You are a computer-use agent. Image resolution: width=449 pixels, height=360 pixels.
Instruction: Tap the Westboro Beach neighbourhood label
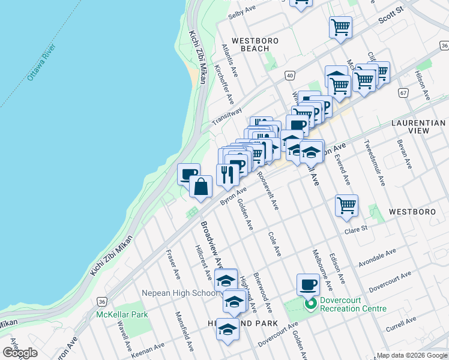coord(259,44)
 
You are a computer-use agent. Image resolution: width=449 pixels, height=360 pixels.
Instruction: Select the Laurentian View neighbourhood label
coord(418,126)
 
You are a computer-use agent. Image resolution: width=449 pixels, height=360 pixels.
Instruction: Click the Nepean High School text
coord(179,293)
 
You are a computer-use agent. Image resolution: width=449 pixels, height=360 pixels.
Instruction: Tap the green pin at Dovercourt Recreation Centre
coord(310,304)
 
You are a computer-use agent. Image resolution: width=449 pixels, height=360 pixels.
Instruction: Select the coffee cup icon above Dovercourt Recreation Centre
coord(308,284)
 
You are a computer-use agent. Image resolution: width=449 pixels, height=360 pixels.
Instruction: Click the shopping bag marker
coord(200,187)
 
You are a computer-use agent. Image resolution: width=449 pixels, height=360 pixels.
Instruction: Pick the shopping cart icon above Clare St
coord(347,206)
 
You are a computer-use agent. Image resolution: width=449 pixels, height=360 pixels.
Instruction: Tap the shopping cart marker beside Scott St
coord(340,27)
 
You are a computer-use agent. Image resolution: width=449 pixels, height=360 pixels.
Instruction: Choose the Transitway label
coord(226,117)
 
